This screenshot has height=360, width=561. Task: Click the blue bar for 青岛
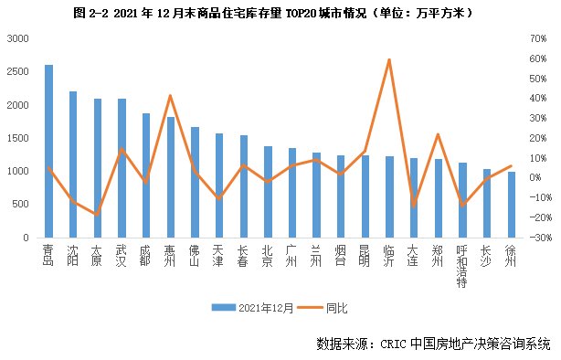(48, 151)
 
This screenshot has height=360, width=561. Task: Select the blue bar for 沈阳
(73, 164)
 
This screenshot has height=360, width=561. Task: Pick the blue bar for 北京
(268, 191)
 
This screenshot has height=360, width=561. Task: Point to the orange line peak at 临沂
(389, 59)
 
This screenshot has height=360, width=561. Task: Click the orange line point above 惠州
(170, 96)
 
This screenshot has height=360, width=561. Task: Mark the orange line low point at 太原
(97, 214)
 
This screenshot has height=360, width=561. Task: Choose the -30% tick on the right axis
(535, 237)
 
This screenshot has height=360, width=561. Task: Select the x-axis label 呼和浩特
(462, 266)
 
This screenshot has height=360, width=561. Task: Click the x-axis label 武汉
(122, 254)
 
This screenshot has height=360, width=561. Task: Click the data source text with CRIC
(433, 344)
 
